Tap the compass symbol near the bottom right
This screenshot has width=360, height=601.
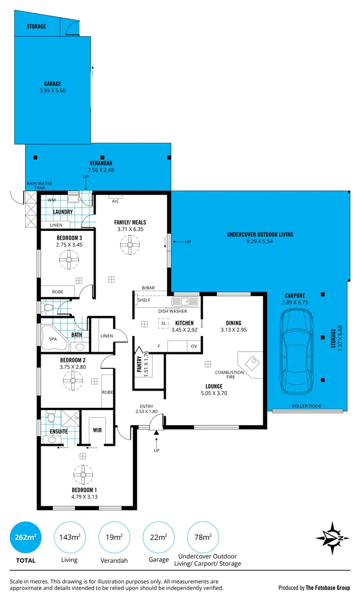point(332,538)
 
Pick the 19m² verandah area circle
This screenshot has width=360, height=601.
point(114,537)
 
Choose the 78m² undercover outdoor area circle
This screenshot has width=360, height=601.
point(203,537)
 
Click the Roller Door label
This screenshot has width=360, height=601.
point(307,406)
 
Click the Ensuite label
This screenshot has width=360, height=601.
point(58,431)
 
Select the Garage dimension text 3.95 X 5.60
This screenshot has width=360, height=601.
point(53,91)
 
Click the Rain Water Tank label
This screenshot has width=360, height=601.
point(38,185)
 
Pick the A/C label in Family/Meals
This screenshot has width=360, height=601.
point(116,201)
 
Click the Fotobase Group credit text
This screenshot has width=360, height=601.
point(314,587)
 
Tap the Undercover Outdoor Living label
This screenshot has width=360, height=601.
point(260,235)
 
